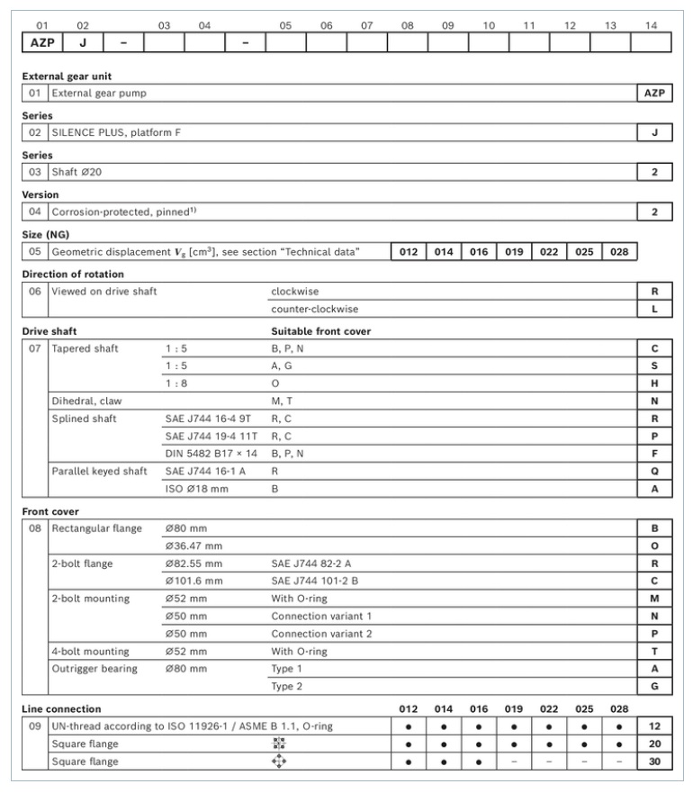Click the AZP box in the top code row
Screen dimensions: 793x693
point(41,42)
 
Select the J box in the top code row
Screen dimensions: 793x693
point(83,42)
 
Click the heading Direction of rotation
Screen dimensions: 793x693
point(74,273)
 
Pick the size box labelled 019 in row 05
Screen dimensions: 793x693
point(513,252)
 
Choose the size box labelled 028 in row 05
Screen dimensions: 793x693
point(618,252)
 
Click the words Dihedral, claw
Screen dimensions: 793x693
point(88,400)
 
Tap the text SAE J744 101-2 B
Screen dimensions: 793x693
point(316,581)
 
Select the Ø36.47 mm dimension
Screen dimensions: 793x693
point(193,545)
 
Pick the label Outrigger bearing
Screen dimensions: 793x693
point(94,669)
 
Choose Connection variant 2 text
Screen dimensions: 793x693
point(322,634)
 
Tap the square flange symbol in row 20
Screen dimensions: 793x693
point(278,744)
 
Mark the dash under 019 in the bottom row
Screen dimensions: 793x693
point(513,761)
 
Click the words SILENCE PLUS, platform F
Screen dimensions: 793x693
point(120,132)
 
